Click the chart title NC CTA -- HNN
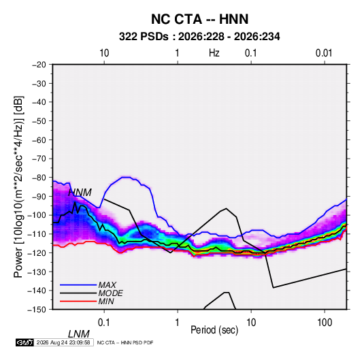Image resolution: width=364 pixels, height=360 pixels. coord(199,19)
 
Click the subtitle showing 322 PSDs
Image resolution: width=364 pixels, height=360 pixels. coord(199,37)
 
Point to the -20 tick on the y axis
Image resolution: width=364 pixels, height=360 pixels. coord(39,65)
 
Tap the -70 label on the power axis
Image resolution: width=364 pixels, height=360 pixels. coord(39,159)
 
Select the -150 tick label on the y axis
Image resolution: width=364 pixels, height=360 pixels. coord(37,310)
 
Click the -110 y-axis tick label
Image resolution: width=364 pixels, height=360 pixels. coord(37,234)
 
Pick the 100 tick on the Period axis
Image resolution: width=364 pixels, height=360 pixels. coord(325,323)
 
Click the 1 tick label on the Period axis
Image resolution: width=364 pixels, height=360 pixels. coord(178,323)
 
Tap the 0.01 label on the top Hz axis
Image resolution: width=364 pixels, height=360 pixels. coord(324,53)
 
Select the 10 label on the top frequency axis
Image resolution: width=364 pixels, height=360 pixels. coord(104,53)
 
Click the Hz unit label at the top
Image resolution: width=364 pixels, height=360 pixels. coord(214,53)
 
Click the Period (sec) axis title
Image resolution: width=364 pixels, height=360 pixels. coord(214,330)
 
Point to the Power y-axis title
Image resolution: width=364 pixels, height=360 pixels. coord(18,187)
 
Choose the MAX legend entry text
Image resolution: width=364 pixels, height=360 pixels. coord(107,284)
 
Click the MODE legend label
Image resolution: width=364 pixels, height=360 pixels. coord(110,293)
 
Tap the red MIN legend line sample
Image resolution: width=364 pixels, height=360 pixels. coord(78,301)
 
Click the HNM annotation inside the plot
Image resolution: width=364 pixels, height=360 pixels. coord(80,193)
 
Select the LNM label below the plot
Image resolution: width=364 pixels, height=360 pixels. coord(79,334)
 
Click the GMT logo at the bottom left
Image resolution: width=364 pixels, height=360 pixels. coord(24,342)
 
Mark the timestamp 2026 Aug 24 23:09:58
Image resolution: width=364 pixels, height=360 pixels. coord(63,342)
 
